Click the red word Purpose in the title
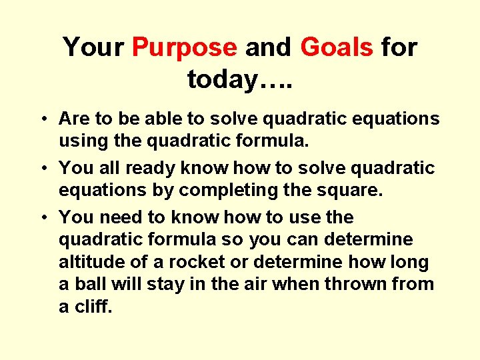tap(184, 48)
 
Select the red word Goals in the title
tap(337, 48)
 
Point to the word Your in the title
tap(93, 48)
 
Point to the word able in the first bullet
tap(143, 119)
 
